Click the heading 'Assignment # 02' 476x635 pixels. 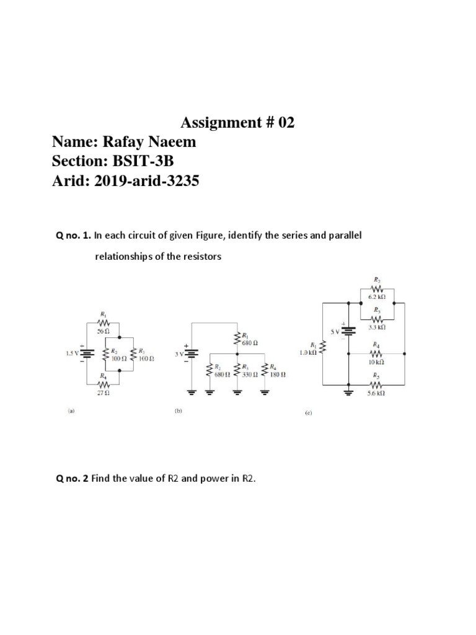(x=237, y=123)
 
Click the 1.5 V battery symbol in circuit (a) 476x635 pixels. (x=87, y=355)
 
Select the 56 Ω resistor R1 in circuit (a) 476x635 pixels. (x=104, y=324)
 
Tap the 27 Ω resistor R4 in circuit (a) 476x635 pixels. (x=104, y=385)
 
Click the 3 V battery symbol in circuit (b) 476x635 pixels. (x=193, y=353)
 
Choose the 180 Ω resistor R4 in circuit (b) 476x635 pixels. (x=266, y=371)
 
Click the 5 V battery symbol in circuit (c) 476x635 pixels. (x=350, y=330)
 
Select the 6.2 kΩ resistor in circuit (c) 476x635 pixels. (x=377, y=289)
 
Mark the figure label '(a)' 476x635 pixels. (x=70, y=410)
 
